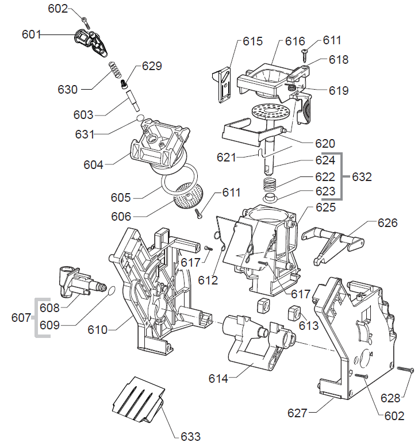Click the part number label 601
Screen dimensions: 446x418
[x=31, y=34]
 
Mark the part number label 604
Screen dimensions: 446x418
[x=93, y=165]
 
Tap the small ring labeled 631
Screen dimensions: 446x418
[x=139, y=118]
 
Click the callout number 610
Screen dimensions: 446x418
[x=98, y=330]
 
